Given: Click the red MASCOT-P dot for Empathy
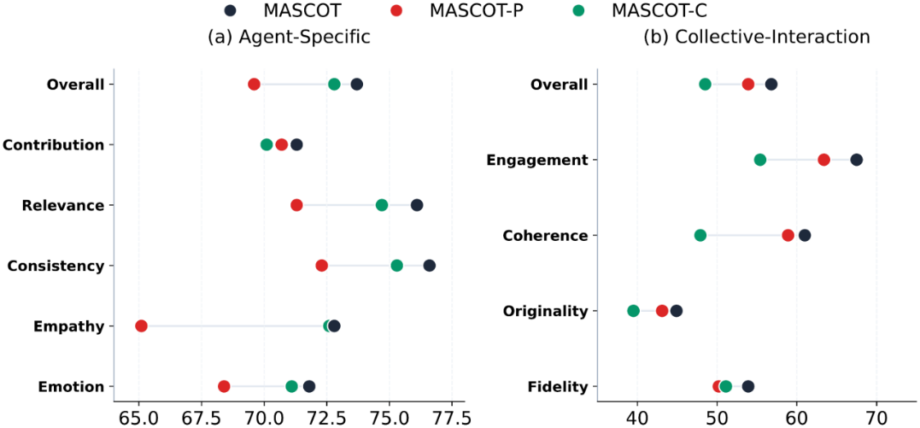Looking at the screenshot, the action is [x=141, y=325].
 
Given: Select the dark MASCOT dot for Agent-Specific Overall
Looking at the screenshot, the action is [x=356, y=84].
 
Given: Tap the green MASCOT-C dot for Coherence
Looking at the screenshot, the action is [x=700, y=236].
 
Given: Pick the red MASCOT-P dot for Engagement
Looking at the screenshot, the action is [x=823, y=160].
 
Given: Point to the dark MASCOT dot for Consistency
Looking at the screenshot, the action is [x=429, y=266].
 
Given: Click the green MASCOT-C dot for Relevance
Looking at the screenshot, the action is [x=381, y=205].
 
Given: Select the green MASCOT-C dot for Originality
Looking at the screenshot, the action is [x=633, y=311].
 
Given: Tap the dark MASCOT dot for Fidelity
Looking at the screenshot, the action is [x=747, y=386].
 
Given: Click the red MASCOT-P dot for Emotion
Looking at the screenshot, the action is [x=224, y=386].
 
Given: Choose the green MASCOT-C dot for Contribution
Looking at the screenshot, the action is [x=267, y=144].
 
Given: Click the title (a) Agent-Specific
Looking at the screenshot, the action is [x=289, y=37].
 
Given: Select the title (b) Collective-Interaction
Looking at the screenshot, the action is [x=756, y=37].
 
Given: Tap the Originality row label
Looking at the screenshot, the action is [x=545, y=311].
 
